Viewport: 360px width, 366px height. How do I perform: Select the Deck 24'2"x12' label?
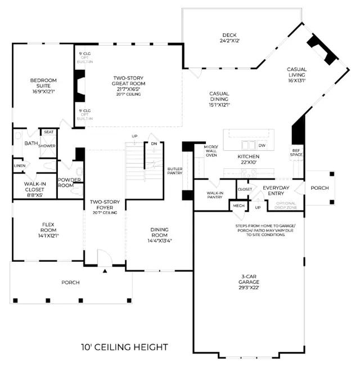pyautogui.click(x=231, y=38)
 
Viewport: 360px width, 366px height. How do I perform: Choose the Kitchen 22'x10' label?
pyautogui.click(x=248, y=159)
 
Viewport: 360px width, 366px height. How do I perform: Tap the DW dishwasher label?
pyautogui.click(x=262, y=145)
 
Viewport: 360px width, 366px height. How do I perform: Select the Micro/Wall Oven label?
pyautogui.click(x=211, y=151)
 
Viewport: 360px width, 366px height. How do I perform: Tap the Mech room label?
pyautogui.click(x=237, y=206)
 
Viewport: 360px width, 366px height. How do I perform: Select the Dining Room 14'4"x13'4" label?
pyautogui.click(x=151, y=234)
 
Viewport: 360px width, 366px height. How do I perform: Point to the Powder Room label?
pyautogui.click(x=70, y=182)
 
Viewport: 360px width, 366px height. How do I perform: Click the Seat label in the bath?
pyautogui.click(x=49, y=132)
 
